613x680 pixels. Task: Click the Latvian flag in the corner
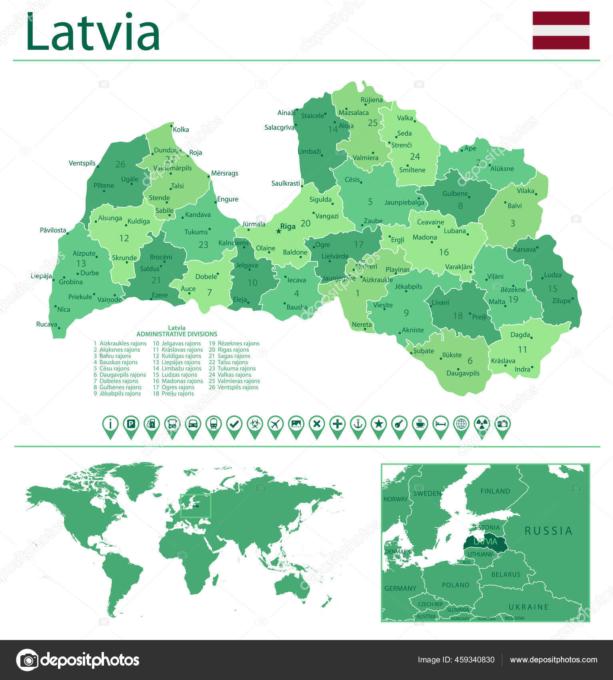(x=561, y=30)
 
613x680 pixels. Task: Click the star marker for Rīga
(x=279, y=231)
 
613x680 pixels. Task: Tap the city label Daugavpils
(x=463, y=373)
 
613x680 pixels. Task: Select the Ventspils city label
(x=82, y=163)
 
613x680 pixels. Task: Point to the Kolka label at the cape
(x=181, y=130)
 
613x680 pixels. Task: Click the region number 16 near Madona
(x=444, y=252)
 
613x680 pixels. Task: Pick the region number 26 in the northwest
(x=120, y=164)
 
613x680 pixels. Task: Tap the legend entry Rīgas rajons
(x=233, y=350)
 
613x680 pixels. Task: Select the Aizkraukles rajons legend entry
(x=122, y=343)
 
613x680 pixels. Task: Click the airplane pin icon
(x=276, y=424)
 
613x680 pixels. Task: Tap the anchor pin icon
(x=358, y=424)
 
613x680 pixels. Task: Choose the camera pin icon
(x=502, y=424)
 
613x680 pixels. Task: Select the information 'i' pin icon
(x=110, y=424)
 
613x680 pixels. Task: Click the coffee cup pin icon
(x=420, y=424)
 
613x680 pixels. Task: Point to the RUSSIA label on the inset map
(x=548, y=531)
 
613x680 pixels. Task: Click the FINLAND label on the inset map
(x=495, y=491)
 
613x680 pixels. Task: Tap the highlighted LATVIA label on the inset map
(x=485, y=542)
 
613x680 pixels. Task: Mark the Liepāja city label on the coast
(x=41, y=276)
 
